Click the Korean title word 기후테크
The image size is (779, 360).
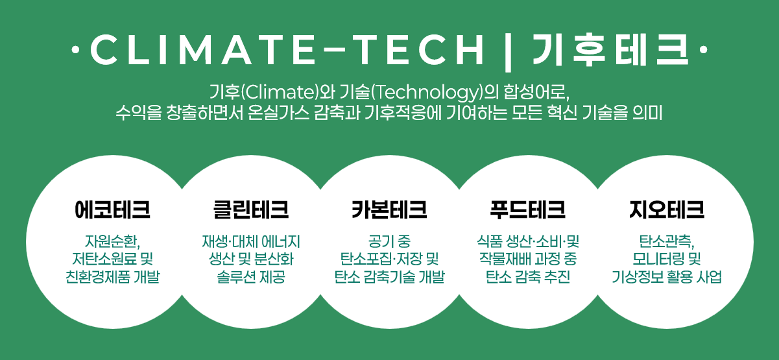(610, 49)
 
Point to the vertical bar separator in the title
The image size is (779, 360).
(508, 51)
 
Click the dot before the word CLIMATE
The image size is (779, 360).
(75, 50)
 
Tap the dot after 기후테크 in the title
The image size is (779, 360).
(703, 50)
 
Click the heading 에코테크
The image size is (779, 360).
(112, 210)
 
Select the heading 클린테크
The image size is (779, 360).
(251, 210)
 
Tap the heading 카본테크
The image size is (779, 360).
(389, 210)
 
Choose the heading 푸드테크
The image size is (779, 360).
(527, 210)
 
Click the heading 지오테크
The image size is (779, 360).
(667, 210)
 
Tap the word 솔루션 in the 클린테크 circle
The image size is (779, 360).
(234, 277)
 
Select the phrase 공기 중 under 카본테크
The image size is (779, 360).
(389, 241)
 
